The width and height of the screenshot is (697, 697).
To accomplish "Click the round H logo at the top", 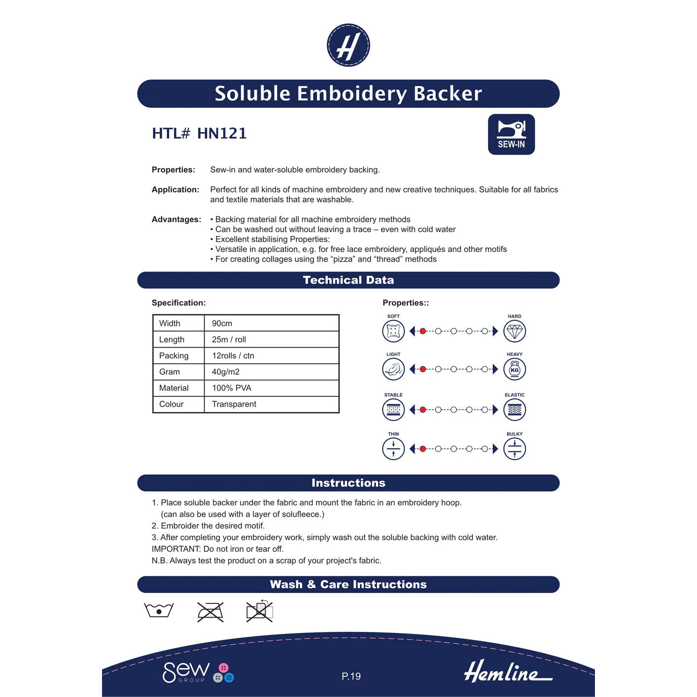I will (x=348, y=45).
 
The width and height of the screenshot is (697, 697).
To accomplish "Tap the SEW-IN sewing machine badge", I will (x=511, y=135).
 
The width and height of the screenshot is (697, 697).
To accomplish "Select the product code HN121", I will (x=222, y=134).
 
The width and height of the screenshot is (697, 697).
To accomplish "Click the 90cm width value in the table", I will (x=222, y=323).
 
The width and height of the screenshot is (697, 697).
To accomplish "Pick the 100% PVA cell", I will (x=232, y=388).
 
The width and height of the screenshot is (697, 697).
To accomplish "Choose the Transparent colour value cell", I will (x=234, y=404).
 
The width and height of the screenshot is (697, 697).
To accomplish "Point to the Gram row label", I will (x=170, y=372).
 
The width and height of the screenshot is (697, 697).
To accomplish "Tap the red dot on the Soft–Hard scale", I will (x=422, y=331).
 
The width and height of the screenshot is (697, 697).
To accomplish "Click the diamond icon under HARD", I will (x=515, y=331).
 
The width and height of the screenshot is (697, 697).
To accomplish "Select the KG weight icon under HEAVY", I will (x=515, y=370).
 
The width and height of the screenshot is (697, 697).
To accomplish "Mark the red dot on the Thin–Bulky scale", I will (x=422, y=449).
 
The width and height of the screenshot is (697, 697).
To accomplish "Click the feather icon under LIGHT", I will (x=393, y=370).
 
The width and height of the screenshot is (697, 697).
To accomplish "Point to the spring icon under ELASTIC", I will (x=515, y=410).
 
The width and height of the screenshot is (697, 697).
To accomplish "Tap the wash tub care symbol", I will (x=159, y=610).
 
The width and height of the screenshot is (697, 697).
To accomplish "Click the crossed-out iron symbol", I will (x=210, y=612).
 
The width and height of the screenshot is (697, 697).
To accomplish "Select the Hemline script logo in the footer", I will (x=508, y=672).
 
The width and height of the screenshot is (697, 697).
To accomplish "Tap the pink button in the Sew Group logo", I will (x=223, y=668).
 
